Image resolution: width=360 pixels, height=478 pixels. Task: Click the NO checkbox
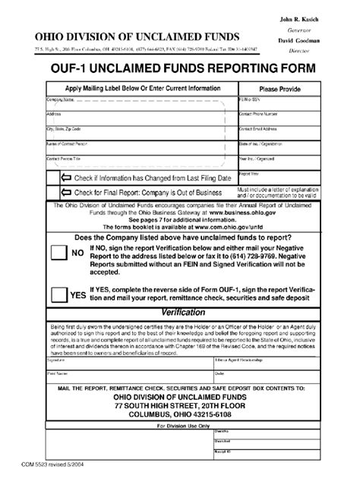pos(58,256)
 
